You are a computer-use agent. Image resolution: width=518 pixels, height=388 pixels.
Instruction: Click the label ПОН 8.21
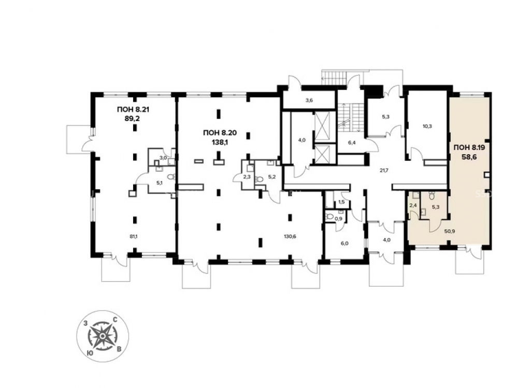[x=133, y=110]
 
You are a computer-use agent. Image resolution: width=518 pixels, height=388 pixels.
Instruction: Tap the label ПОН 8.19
[x=469, y=148]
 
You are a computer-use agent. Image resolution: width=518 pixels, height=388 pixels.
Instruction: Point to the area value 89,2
[x=133, y=118]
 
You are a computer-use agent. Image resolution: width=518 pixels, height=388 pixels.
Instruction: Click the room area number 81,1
[x=134, y=236]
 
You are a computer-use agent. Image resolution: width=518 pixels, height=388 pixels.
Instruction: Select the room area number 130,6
[x=290, y=236]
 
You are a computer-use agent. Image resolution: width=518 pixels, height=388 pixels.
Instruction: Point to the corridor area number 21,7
[x=383, y=171]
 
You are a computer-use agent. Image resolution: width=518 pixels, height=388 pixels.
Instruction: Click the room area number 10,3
[x=427, y=126]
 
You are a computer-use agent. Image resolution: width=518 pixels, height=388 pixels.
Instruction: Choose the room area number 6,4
[x=351, y=143]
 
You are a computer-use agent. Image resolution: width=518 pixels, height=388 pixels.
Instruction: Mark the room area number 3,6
[x=309, y=101]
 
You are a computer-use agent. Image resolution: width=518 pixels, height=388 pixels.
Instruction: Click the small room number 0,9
[x=338, y=218]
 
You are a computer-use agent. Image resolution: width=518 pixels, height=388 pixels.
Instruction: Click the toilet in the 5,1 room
[x=170, y=177]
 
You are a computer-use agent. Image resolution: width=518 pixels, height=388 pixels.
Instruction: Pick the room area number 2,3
[x=247, y=177]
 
